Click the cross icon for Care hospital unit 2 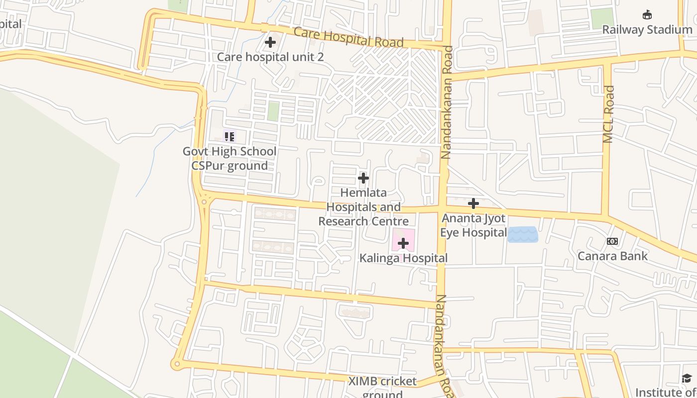[x=270, y=43]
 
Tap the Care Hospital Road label [x=348, y=37]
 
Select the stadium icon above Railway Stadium [x=647, y=15]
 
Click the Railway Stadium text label [x=647, y=30]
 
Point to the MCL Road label [x=609, y=114]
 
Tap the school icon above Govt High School [x=229, y=136]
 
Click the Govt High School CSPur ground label [x=230, y=158]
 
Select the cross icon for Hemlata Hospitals [x=363, y=178]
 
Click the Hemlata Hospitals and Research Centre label [x=363, y=207]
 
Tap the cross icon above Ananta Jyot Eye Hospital [x=473, y=203]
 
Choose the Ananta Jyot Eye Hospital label [x=473, y=225]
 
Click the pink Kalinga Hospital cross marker [x=403, y=243]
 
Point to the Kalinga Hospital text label [x=403, y=258]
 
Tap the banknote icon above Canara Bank [x=612, y=241]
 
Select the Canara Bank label [x=612, y=256]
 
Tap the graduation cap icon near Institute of [x=687, y=379]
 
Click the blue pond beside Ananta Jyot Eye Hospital [x=523, y=234]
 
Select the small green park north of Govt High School [x=273, y=111]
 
